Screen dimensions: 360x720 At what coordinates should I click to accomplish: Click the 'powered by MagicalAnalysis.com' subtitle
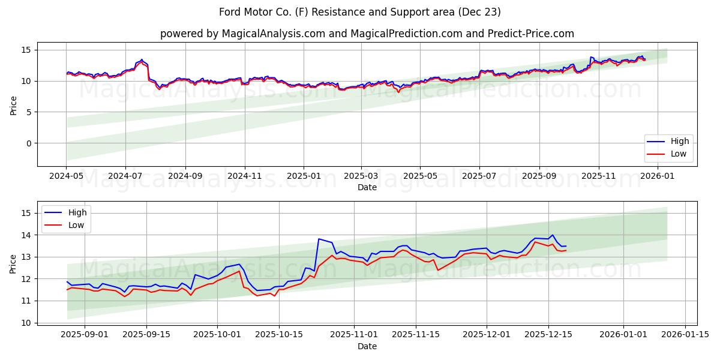pos(367,34)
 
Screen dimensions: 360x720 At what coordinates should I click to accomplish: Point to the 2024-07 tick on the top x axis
pos(125,176)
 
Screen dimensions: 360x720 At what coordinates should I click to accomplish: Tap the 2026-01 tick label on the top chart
pos(658,176)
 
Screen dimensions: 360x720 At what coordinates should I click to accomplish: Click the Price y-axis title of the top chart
pos(13,104)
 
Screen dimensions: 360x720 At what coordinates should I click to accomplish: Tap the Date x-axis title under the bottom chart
pos(367,346)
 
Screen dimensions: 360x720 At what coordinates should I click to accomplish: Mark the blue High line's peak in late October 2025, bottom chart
pos(319,239)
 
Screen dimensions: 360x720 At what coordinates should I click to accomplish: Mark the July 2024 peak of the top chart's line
pos(142,59)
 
